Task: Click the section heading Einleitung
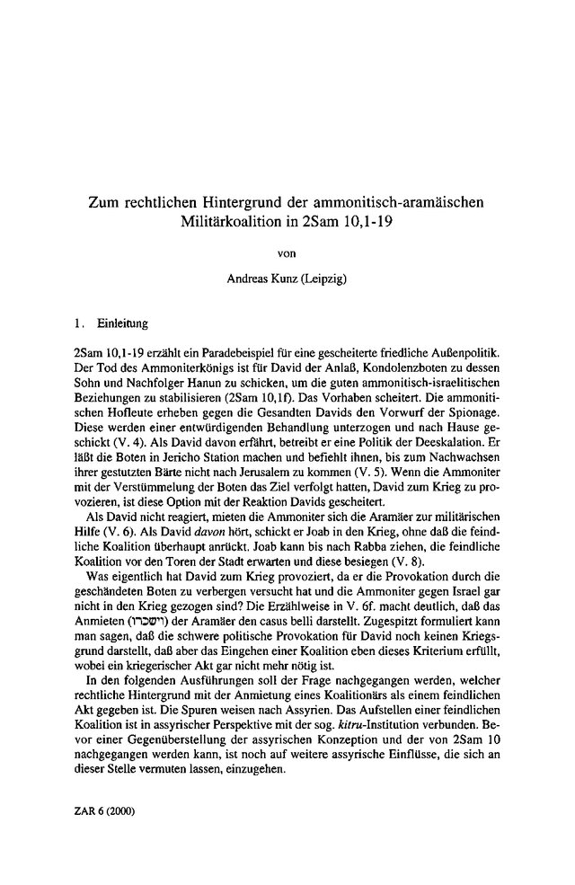tap(124, 321)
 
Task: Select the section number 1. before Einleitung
tap(80, 321)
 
